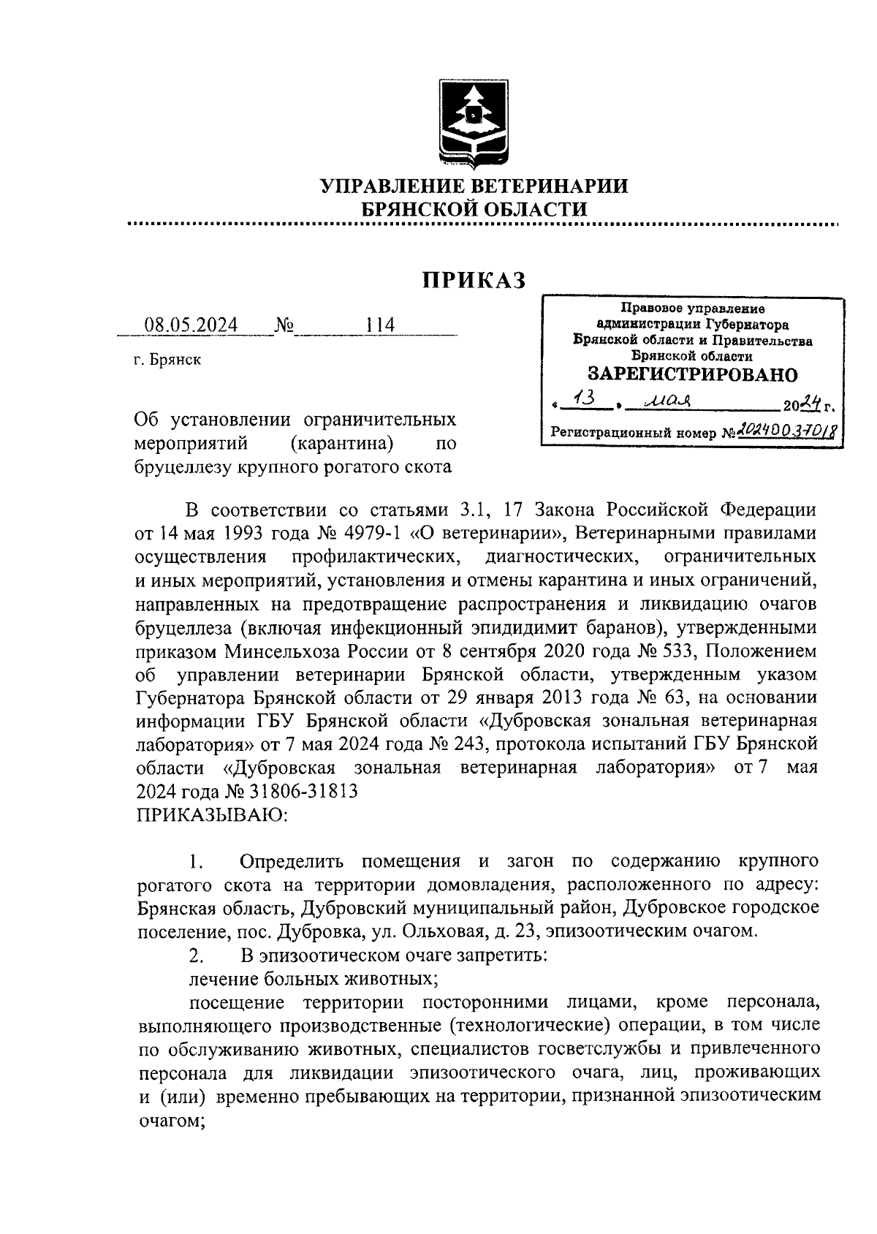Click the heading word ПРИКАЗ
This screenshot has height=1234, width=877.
click(474, 280)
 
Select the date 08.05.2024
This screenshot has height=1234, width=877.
click(191, 325)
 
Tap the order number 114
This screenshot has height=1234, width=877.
click(380, 325)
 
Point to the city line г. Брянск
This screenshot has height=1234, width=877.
click(167, 360)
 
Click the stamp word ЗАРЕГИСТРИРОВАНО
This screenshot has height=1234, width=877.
click(693, 375)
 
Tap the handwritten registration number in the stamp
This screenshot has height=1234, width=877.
click(785, 432)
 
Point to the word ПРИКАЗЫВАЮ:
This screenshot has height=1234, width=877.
click(212, 814)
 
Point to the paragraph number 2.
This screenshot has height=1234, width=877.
click(194, 955)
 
